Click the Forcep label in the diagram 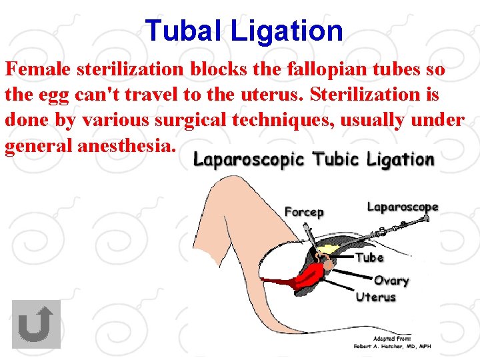pyautogui.click(x=304, y=211)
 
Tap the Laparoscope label pyautogui.click(x=403, y=207)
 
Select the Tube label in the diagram pyautogui.click(x=369, y=257)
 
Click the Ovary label pyautogui.click(x=391, y=281)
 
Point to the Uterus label pyautogui.click(x=376, y=297)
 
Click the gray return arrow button pyautogui.click(x=36, y=324)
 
